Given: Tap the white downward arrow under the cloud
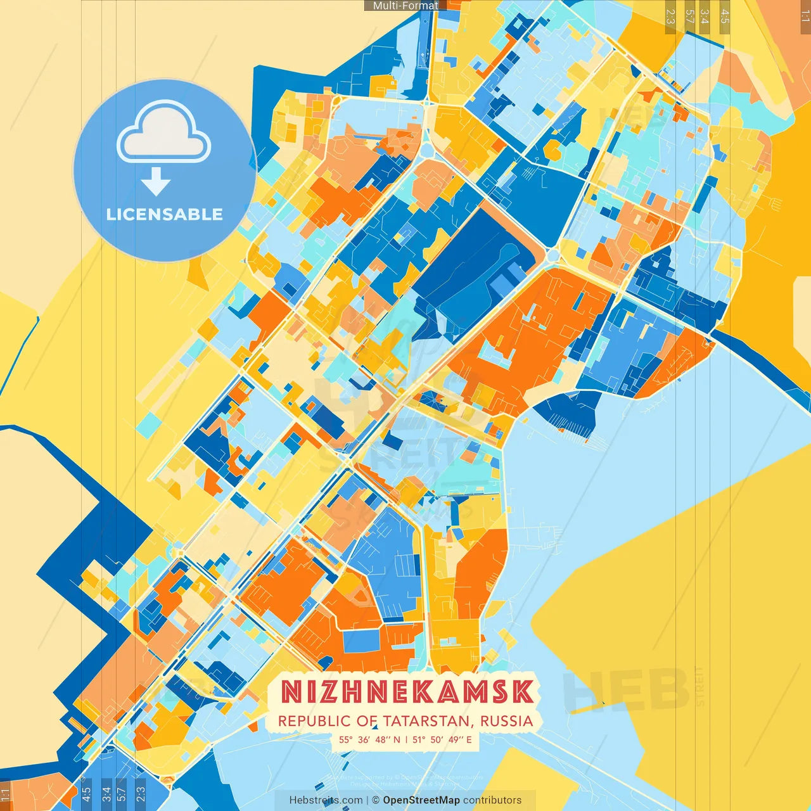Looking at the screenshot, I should click(156, 181).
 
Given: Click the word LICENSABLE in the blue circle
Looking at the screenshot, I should click(164, 214).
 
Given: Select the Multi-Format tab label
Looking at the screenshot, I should click(405, 6).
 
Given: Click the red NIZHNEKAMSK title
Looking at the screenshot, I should click(406, 692).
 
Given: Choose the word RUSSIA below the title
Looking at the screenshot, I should click(506, 721).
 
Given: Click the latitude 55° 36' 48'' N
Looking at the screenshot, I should click(369, 739).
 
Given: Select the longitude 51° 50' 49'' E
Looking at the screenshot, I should click(442, 739).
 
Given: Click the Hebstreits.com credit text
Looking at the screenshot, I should click(326, 800).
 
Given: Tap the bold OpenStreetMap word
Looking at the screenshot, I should click(421, 800).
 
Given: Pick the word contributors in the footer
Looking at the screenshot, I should click(492, 800).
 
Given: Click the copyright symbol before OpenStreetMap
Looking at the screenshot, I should click(375, 800).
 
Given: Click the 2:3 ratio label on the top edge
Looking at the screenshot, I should click(670, 16).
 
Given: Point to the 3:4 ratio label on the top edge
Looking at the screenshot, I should click(705, 16).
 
